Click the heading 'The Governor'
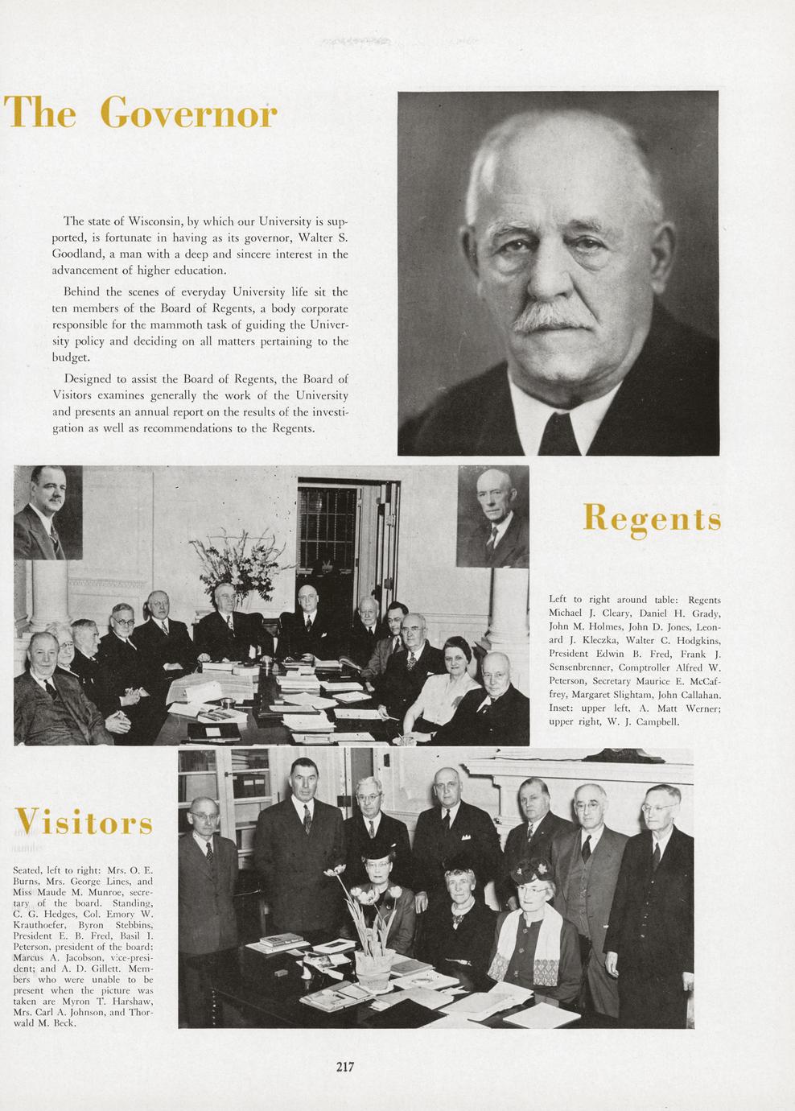click(x=141, y=112)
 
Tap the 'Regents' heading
click(x=651, y=518)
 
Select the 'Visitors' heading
click(x=84, y=823)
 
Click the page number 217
click(x=345, y=1068)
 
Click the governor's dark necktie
click(x=558, y=430)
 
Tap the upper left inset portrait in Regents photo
click(x=48, y=512)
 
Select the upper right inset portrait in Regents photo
click(x=493, y=516)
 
